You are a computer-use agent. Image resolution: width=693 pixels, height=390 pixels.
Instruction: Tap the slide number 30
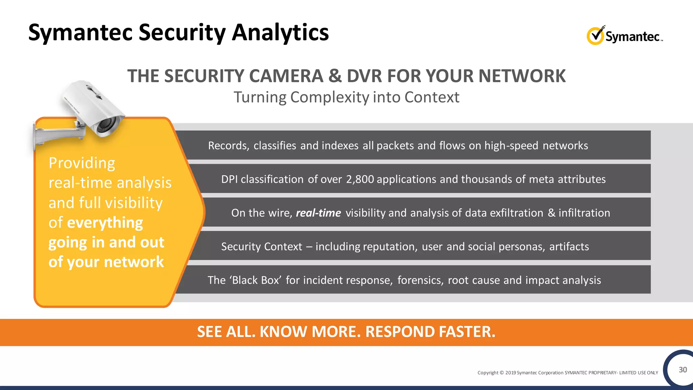[683, 370]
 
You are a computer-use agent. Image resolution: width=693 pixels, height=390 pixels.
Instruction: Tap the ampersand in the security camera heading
[335, 76]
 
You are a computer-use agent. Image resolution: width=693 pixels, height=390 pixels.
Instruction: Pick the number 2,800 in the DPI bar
[360, 179]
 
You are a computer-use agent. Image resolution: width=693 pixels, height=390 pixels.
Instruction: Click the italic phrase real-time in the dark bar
[318, 213]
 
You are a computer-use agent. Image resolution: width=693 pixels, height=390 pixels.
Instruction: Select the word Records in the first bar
[228, 146]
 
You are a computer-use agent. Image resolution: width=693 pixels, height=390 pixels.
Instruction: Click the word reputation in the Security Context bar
[389, 247]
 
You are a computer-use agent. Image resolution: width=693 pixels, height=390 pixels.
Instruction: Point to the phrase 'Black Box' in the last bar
[255, 280]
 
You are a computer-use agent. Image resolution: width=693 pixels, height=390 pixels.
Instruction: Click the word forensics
[420, 280]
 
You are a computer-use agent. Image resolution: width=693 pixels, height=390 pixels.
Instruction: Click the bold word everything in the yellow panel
[105, 223]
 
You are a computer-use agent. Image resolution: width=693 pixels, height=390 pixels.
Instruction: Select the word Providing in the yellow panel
[82, 163]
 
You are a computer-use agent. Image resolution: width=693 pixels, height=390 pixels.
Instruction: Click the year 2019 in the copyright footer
[511, 373]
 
